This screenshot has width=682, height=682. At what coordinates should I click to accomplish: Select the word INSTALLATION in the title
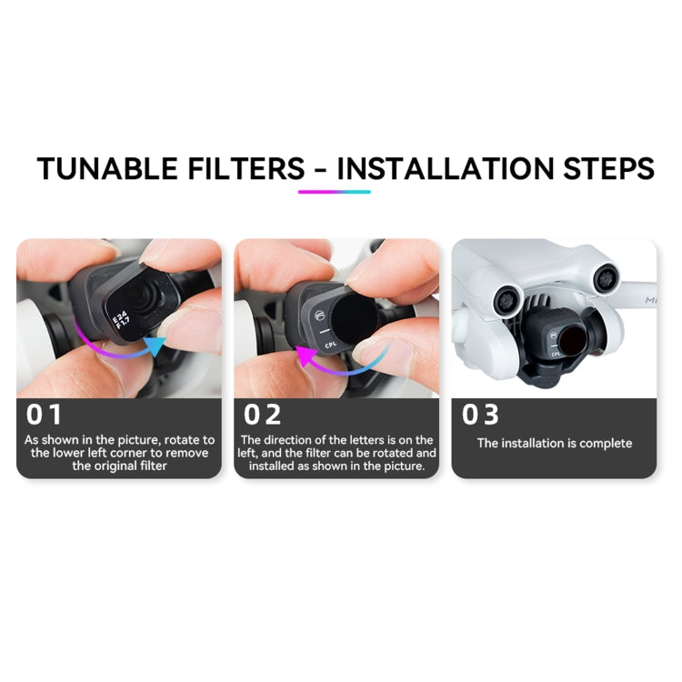(440, 169)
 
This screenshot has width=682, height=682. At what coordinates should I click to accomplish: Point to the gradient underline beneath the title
(334, 192)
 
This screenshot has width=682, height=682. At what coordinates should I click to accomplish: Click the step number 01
(45, 415)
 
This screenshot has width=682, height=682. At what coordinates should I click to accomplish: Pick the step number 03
(480, 415)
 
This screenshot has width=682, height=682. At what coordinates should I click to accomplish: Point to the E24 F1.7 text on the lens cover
(120, 320)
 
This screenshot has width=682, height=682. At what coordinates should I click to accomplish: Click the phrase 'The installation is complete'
(554, 444)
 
